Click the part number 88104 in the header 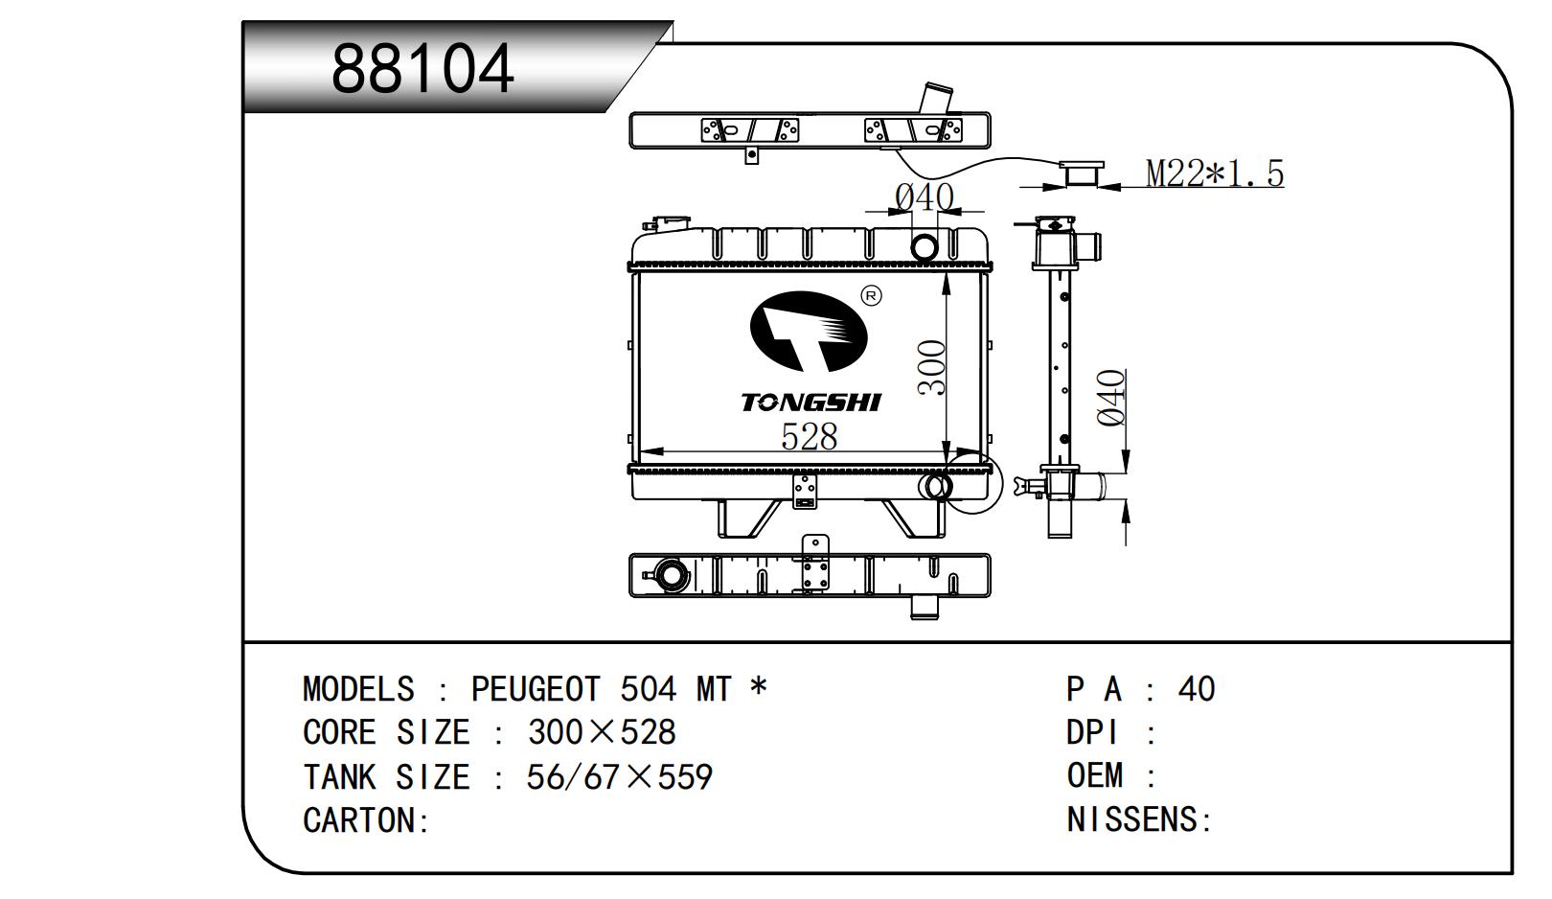click(422, 69)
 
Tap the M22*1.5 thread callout click(1214, 173)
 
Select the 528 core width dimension click(809, 436)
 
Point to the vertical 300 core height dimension click(931, 368)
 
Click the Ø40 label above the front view click(924, 197)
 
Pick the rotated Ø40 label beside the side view click(1110, 398)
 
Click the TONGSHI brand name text click(810, 403)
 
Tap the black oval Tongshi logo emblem click(808, 332)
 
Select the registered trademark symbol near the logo click(871, 296)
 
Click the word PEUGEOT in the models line click(536, 690)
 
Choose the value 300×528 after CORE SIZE click(602, 733)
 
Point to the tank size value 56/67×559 click(619, 777)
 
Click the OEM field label click(1095, 776)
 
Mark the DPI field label click(1093, 733)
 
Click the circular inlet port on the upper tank click(924, 247)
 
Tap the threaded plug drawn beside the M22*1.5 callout click(1081, 173)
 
